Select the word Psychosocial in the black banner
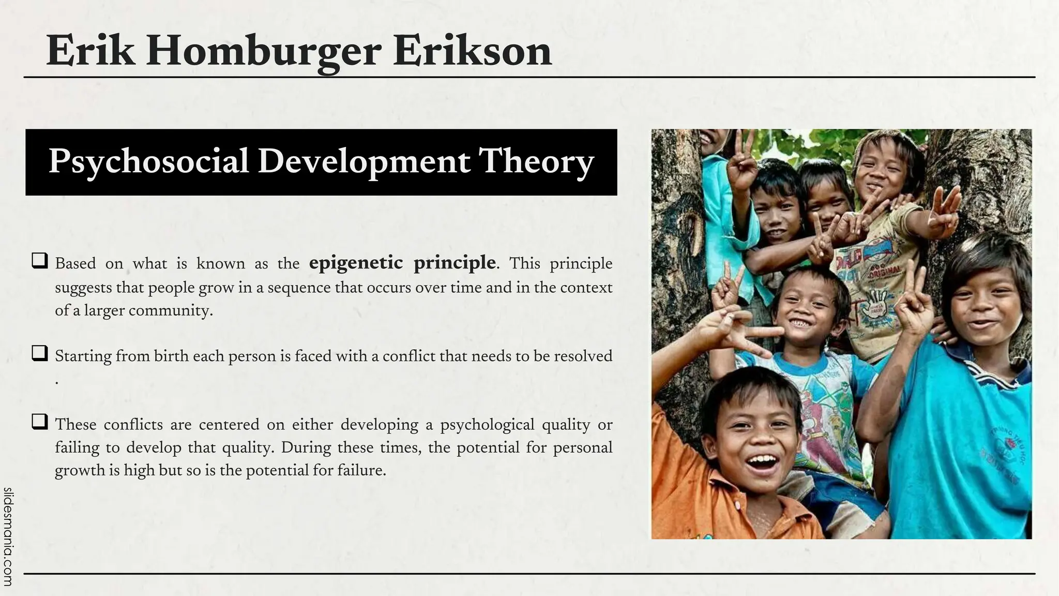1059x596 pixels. point(149,161)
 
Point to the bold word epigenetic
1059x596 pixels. point(356,263)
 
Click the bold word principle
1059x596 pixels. point(455,263)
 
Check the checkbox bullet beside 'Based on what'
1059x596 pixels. point(40,260)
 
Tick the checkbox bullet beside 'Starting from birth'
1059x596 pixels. point(40,353)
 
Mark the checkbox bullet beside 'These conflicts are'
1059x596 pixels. point(40,422)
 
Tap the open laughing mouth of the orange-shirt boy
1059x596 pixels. point(762,462)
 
